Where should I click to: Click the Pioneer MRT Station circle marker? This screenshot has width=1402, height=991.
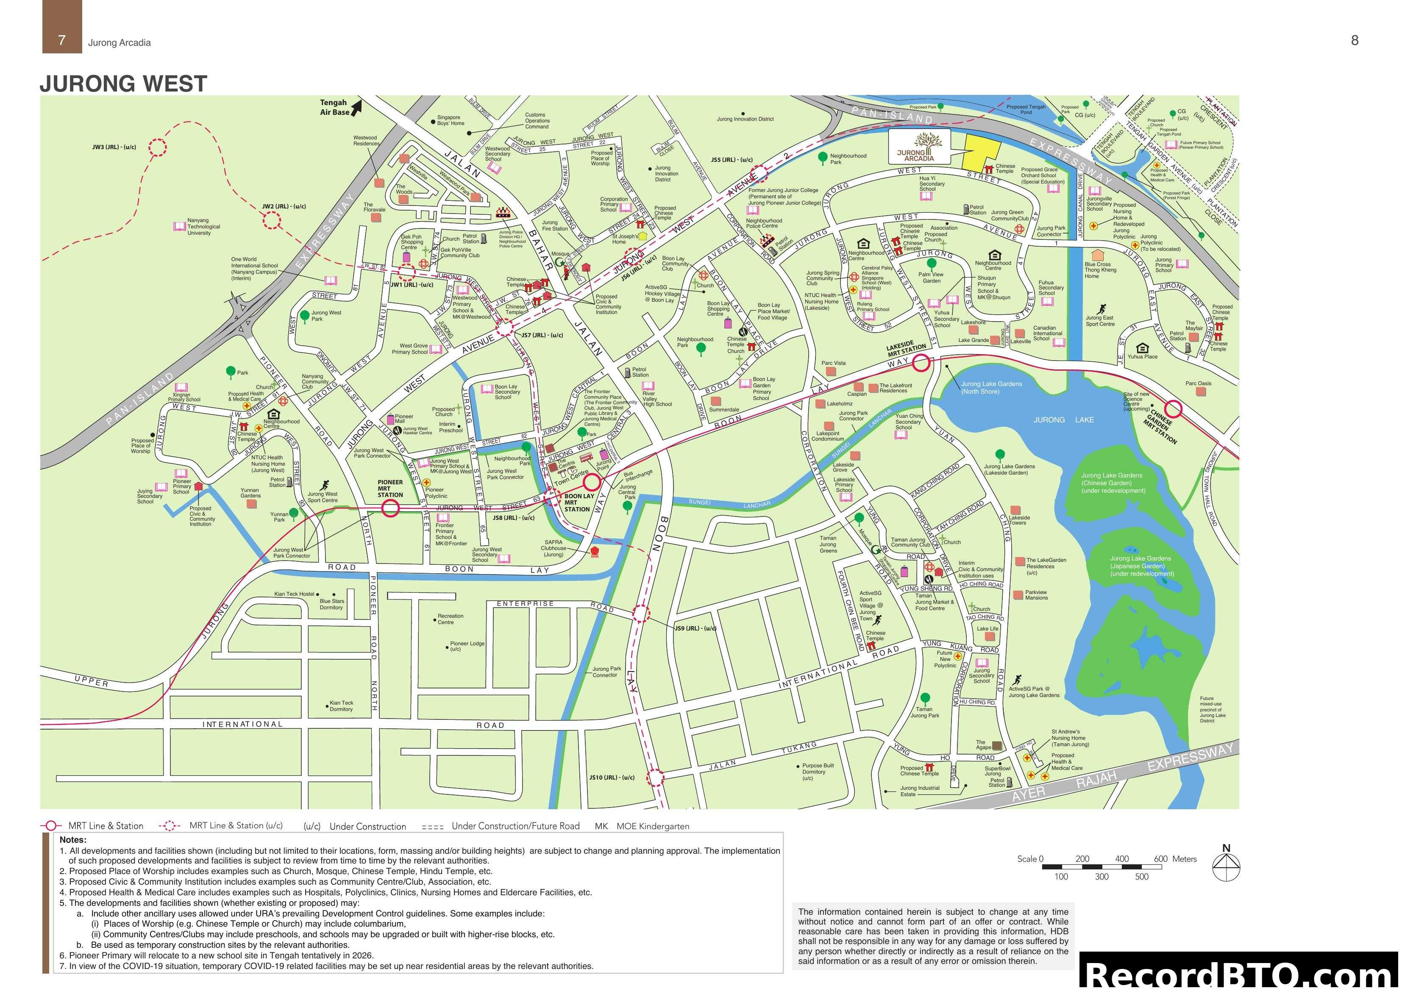coord(391,508)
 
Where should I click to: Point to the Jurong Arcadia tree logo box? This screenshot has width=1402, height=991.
coord(918,147)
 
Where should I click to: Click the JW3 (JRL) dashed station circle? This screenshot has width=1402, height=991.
coord(158,147)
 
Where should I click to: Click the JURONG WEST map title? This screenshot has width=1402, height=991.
coord(123,83)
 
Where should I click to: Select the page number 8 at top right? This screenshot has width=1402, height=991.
coord(1355,40)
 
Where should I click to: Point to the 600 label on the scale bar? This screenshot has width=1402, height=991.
coord(1160,858)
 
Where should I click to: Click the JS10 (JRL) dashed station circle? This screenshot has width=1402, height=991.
coord(655,777)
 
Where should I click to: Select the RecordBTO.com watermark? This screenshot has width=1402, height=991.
coord(1240,974)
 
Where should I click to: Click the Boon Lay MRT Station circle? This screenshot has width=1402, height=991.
coord(591,483)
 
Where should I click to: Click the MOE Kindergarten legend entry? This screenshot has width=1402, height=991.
coord(641,826)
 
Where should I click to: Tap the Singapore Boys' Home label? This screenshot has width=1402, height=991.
coord(450,120)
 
